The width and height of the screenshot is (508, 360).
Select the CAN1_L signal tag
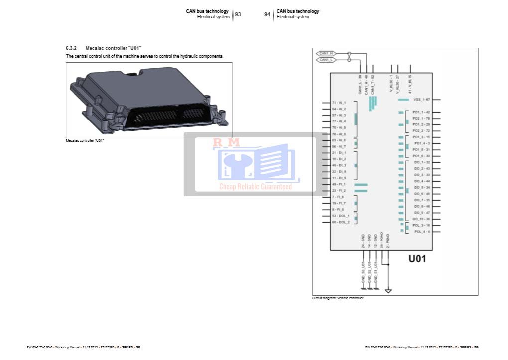point(326,60)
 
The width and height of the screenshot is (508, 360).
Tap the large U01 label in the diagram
point(417,258)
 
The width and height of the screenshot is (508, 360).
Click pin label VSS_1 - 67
point(421,100)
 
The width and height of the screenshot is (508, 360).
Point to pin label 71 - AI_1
point(339,102)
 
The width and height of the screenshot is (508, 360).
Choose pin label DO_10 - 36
point(421,219)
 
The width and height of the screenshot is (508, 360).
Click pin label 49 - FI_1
point(339,184)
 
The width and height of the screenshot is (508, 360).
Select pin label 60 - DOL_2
point(341,222)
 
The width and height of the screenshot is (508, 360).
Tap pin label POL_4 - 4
point(422,232)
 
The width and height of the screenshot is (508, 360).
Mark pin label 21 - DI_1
point(339,153)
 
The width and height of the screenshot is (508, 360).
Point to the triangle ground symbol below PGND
point(388,291)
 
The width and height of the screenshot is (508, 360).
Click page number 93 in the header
point(238,14)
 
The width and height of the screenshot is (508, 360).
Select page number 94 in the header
point(267,14)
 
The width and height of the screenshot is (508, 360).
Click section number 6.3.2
point(71,48)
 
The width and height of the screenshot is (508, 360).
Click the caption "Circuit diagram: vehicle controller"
point(338,298)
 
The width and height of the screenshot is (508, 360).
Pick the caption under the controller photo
point(85,141)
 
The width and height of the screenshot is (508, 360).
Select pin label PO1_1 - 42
point(421,112)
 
